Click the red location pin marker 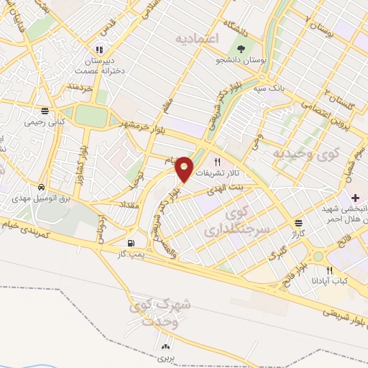[184, 169]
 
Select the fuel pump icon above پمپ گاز [130, 242]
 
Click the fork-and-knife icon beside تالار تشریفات [216, 162]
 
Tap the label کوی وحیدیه [296, 153]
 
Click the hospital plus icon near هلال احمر [355, 197]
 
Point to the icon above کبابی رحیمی [45, 111]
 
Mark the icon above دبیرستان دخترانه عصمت [99, 50]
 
